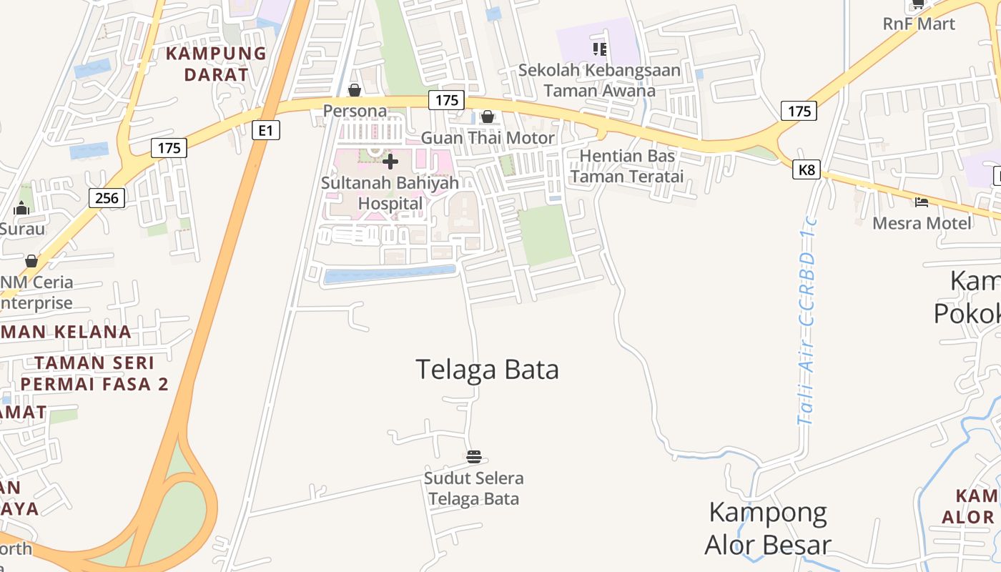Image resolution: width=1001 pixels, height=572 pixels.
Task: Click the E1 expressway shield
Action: [x=266, y=130]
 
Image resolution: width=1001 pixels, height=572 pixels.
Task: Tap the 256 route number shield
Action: [x=107, y=197]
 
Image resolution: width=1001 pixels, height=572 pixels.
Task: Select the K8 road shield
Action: [x=806, y=170]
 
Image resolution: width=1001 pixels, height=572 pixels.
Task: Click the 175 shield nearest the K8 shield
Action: [x=799, y=111]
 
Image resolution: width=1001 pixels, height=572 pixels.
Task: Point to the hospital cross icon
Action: [x=390, y=162]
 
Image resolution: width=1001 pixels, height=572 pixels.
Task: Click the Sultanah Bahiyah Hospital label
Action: [x=390, y=193]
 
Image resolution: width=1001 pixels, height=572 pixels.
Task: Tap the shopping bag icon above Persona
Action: [x=354, y=90]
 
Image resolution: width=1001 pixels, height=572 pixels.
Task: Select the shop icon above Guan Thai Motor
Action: [x=488, y=117]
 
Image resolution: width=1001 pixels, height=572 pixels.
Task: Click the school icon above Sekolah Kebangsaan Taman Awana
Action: [x=600, y=49]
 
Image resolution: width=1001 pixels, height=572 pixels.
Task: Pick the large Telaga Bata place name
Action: [x=487, y=370]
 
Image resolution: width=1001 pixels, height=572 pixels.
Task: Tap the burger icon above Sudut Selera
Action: [x=473, y=457]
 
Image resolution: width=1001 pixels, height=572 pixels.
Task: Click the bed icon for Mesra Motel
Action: [x=922, y=202]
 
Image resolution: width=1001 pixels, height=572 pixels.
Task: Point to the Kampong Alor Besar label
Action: [x=768, y=528]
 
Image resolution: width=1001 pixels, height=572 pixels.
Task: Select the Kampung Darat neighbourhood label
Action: [x=216, y=64]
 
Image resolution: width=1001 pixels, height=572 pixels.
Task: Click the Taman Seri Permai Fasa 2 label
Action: [x=94, y=373]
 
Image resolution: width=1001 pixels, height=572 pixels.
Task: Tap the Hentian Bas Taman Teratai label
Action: [x=627, y=166]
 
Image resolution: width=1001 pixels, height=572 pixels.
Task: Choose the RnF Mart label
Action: [x=919, y=24]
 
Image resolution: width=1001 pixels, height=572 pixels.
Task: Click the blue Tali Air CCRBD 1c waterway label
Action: [x=808, y=329]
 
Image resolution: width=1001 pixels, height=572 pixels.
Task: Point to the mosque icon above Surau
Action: [x=21, y=208]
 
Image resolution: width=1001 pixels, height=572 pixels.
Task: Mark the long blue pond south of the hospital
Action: [x=390, y=274]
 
